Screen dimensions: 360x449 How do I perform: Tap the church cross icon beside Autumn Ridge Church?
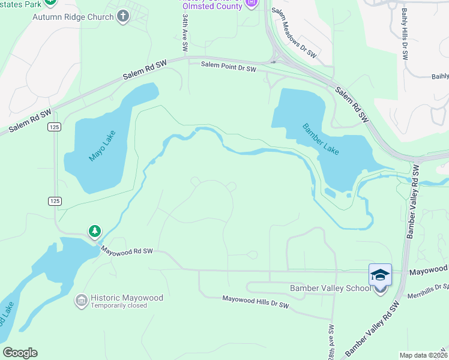pyautogui.click(x=123, y=16)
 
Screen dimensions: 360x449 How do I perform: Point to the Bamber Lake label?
pyautogui.click(x=321, y=139)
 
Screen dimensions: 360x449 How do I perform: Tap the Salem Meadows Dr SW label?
pyautogui.click(x=294, y=33)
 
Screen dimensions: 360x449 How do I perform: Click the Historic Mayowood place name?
pyautogui.click(x=122, y=298)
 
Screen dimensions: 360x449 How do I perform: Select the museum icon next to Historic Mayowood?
pyautogui.click(x=81, y=299)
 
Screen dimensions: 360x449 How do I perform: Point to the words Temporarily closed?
pyautogui.click(x=119, y=306)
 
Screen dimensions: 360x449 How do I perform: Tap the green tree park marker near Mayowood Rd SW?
pyautogui.click(x=94, y=231)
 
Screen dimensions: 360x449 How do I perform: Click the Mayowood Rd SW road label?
pyautogui.click(x=127, y=251)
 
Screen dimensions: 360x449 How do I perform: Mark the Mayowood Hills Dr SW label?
pyautogui.click(x=256, y=302)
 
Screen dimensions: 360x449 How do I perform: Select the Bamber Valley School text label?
pyautogui.click(x=331, y=289)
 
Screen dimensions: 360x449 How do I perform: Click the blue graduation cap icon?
pyautogui.click(x=380, y=275)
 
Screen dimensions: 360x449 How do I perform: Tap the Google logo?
pyautogui.click(x=20, y=353)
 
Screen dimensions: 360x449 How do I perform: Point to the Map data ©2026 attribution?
pyautogui.click(x=423, y=355)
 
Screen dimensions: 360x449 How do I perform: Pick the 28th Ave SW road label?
pyautogui.click(x=331, y=339)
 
